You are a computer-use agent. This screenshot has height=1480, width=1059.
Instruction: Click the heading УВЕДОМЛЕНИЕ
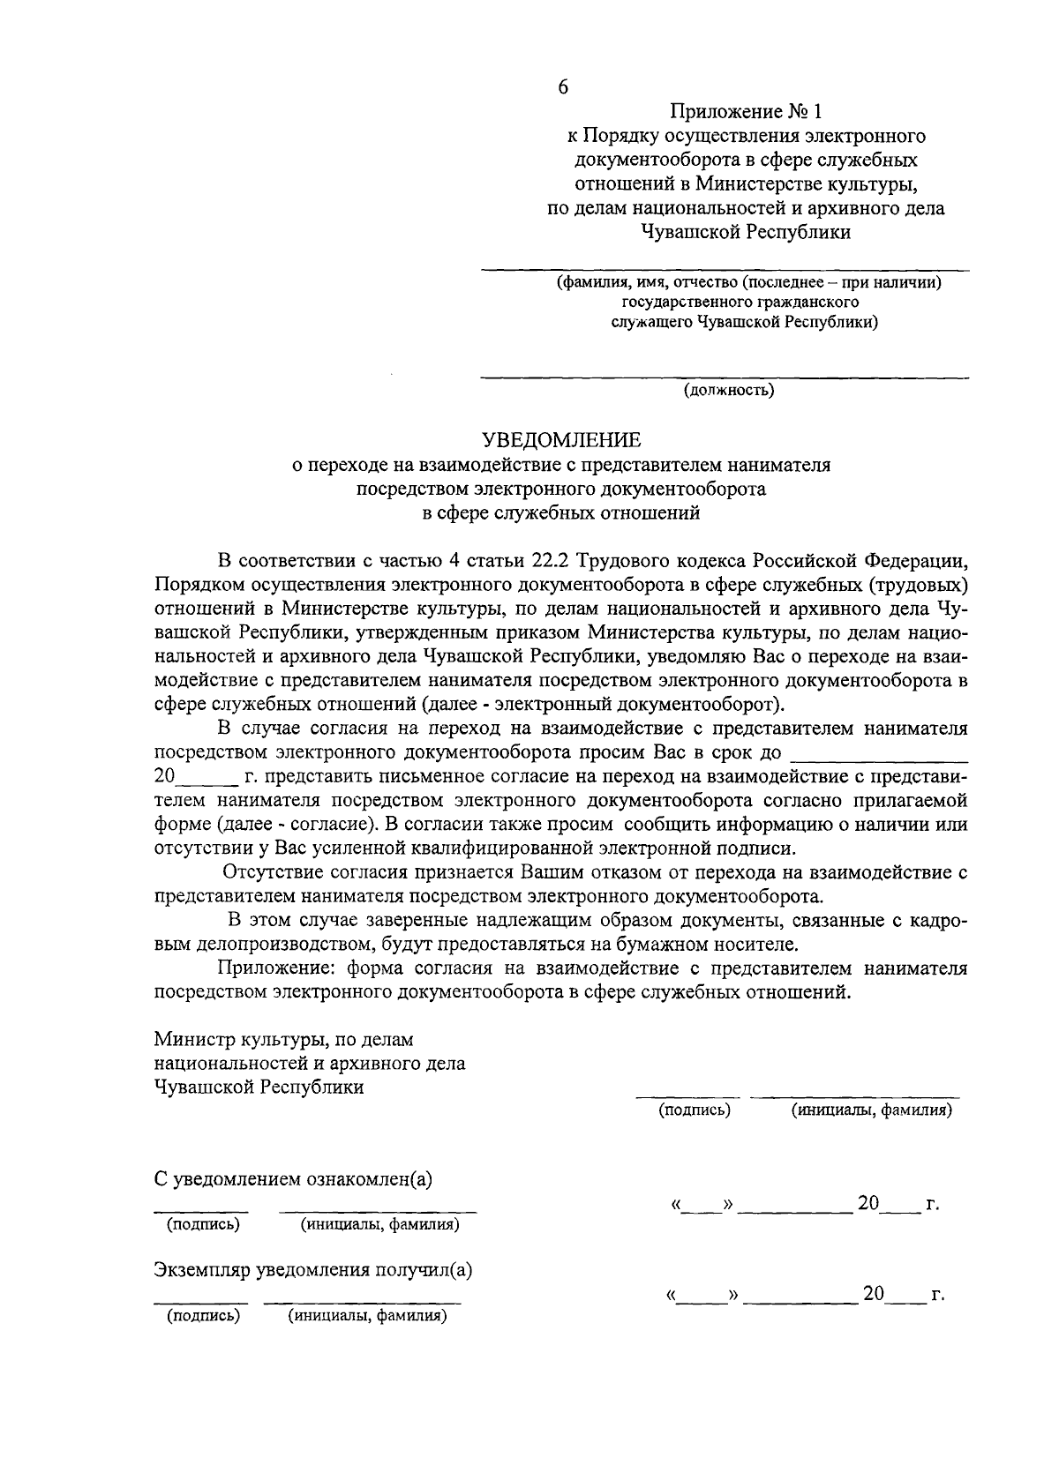coord(561,439)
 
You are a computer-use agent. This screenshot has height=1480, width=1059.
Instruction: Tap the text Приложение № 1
coord(746,112)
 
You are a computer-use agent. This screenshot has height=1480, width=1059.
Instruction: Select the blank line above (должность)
coord(724,377)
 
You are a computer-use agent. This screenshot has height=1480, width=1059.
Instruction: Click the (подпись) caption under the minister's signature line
coord(695,1110)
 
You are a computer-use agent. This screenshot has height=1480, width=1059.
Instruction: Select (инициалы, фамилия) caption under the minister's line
coord(871,1110)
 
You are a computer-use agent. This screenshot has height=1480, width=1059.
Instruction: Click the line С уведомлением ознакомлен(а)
coord(293,1179)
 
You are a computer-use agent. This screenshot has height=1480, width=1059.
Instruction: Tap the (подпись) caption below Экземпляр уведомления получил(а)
coord(204,1317)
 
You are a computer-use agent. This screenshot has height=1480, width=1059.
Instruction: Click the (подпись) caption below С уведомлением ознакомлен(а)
coord(204,1225)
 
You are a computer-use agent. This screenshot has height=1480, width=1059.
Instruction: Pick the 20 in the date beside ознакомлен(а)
coord(868,1203)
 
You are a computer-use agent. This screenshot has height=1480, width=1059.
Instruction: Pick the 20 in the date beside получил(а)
coord(873,1294)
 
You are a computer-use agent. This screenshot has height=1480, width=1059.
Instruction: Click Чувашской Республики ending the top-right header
coord(747,232)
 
